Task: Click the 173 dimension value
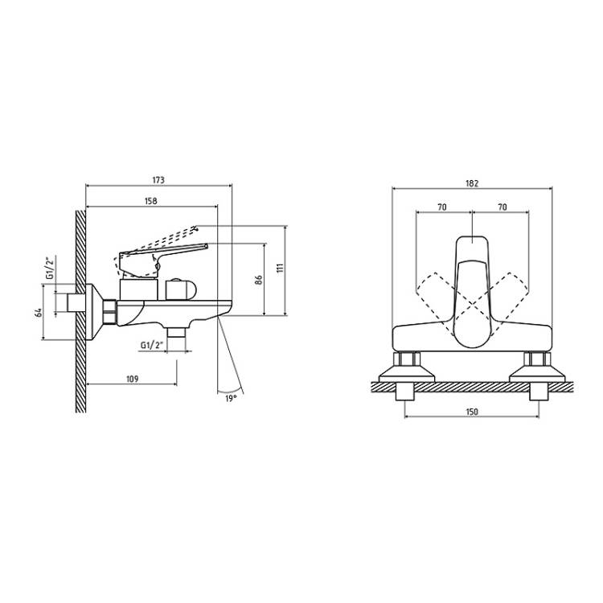pos(158,180)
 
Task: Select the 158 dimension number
pos(151,201)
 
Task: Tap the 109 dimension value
pos(132,379)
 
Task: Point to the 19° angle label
pos(230,399)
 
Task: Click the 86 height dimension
pos(258,280)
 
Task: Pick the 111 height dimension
pos(280,268)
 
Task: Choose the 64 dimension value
pos(38,312)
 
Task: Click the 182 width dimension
pos(472,183)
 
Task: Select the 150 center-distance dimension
pos(472,412)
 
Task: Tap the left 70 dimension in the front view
pos(442,207)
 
